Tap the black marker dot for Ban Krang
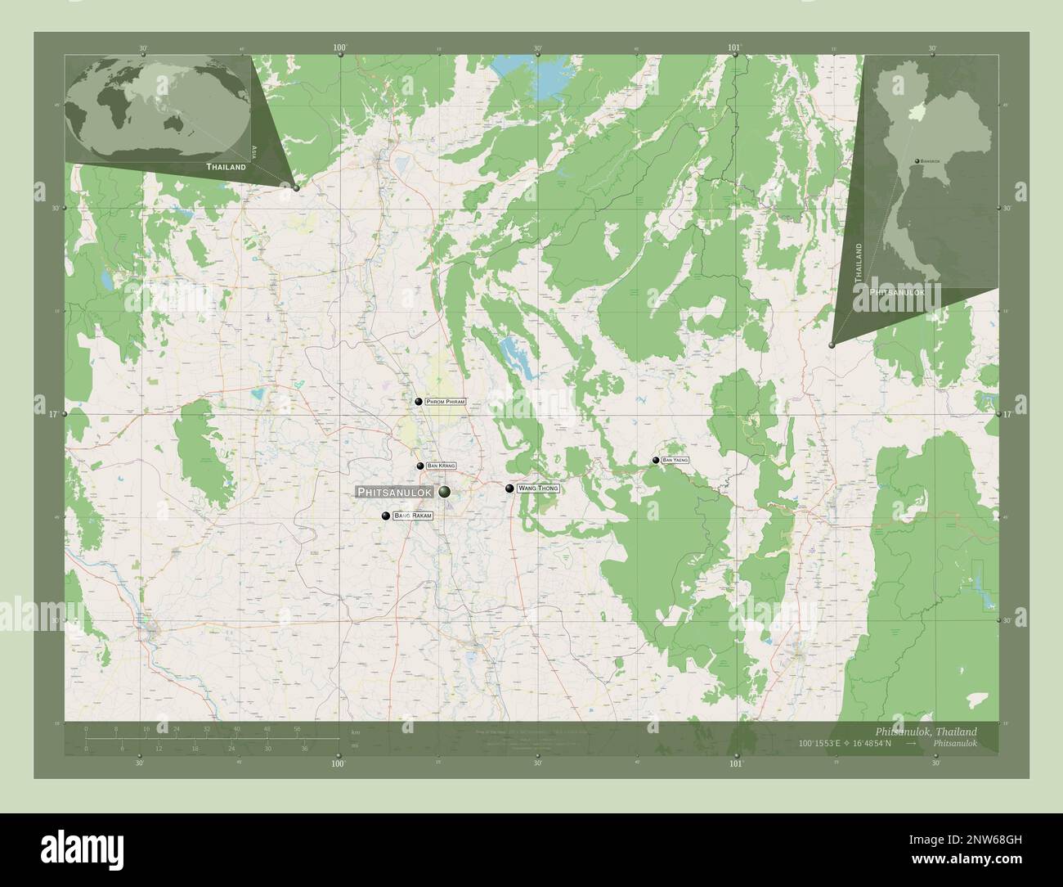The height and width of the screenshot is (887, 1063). click(x=420, y=466)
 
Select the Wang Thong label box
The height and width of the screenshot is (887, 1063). click(x=538, y=489)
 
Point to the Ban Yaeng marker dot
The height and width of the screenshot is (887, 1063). click(x=656, y=461)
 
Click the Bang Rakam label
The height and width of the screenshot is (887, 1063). click(x=412, y=516)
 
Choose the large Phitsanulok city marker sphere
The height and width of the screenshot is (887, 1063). click(x=445, y=492)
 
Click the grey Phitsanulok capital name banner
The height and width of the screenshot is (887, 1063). click(x=396, y=492)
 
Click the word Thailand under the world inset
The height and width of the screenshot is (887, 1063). click(x=226, y=167)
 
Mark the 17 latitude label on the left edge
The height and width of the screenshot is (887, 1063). click(x=52, y=415)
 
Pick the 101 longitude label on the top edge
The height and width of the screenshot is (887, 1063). click(x=735, y=48)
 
